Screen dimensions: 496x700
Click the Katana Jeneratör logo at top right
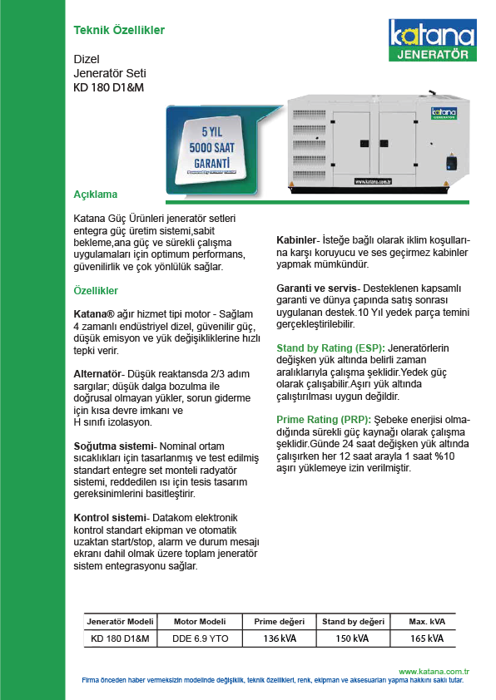[432, 40]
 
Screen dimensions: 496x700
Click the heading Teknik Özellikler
[119, 31]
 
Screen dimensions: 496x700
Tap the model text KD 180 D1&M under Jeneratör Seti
[108, 87]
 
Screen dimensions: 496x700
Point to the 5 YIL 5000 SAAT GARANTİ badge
[211, 148]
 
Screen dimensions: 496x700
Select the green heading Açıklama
[95, 195]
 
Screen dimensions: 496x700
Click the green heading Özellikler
[96, 291]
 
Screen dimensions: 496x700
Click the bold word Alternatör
[97, 374]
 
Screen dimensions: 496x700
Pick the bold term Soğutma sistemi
[113, 446]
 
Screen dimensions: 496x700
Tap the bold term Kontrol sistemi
[110, 518]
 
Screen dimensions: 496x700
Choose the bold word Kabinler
[296, 240]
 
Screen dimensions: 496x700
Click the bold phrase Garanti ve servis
[316, 288]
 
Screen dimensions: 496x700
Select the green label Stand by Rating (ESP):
[330, 348]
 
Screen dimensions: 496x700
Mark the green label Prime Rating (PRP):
[324, 420]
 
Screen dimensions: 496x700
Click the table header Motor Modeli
[200, 621]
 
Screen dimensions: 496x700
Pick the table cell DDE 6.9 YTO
[201, 638]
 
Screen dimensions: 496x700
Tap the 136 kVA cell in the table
[280, 638]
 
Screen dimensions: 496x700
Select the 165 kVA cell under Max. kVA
[427, 638]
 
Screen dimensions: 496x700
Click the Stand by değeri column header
[353, 621]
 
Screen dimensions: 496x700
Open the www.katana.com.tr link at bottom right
[434, 672]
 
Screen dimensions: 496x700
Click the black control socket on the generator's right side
[452, 161]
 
